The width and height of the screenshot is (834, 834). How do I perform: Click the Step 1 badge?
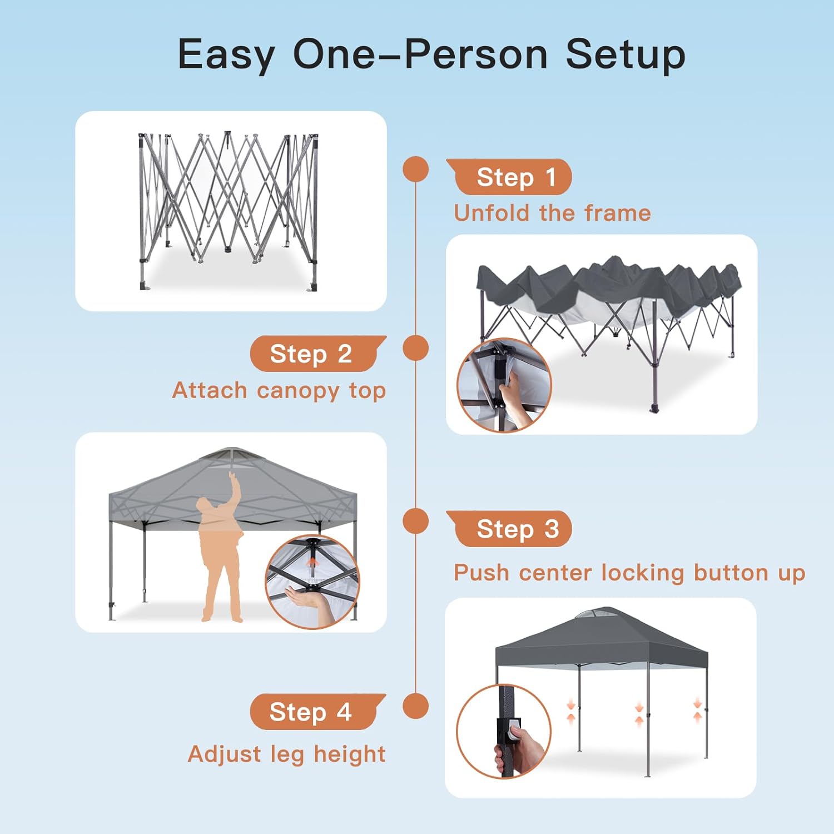click(x=509, y=177)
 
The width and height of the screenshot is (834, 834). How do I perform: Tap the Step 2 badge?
click(x=318, y=354)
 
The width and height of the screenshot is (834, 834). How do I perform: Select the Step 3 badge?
click(x=509, y=529)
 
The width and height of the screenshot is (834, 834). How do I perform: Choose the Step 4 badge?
click(x=318, y=712)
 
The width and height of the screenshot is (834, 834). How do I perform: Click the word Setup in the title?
click(x=625, y=55)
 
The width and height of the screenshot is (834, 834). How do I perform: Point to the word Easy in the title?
click(x=226, y=55)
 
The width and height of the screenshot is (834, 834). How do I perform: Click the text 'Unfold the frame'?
click(x=552, y=213)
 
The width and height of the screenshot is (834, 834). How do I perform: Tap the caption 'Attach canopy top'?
click(x=279, y=391)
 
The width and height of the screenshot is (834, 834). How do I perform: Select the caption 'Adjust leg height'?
click(x=287, y=754)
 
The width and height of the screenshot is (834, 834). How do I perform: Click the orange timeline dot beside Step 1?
click(x=416, y=169)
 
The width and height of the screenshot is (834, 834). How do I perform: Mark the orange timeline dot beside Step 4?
click(x=416, y=706)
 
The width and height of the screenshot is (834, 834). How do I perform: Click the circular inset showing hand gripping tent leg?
click(x=504, y=731)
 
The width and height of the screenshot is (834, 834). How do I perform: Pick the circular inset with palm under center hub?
click(x=312, y=582)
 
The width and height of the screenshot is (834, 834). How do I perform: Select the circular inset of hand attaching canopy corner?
click(x=504, y=385)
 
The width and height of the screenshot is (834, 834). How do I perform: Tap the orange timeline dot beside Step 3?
click(x=416, y=522)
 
